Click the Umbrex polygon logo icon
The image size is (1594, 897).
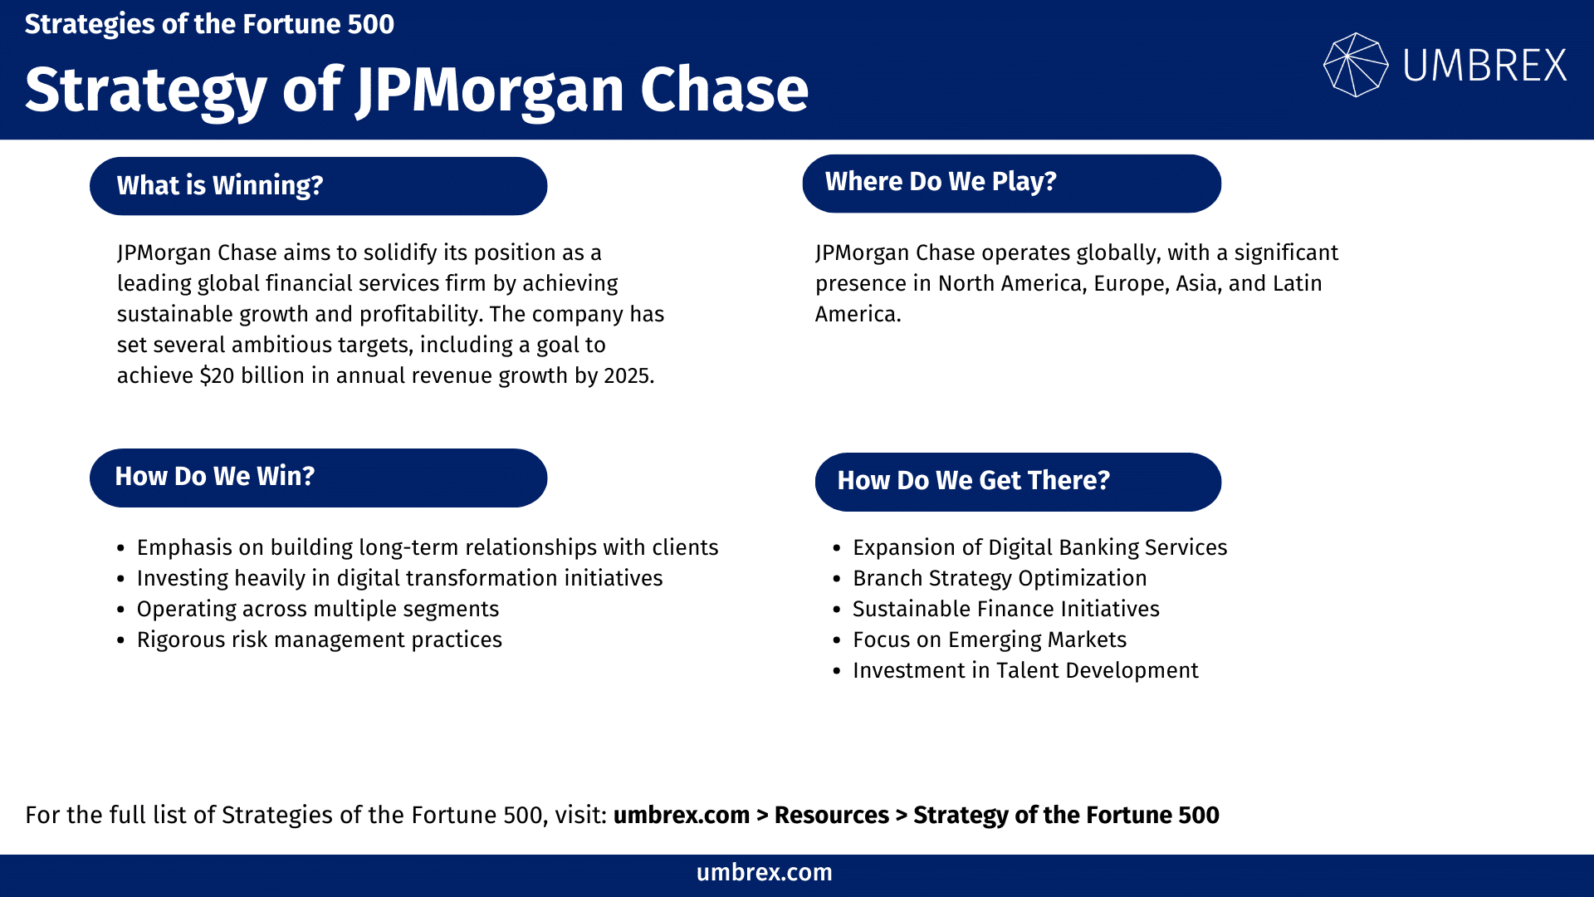click(1355, 65)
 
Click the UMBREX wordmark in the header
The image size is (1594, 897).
click(1484, 66)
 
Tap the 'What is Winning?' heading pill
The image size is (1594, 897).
click(318, 186)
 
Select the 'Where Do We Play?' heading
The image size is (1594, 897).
click(1011, 183)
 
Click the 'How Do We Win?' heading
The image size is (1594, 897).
click(318, 478)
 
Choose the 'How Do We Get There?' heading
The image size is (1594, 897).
click(1018, 482)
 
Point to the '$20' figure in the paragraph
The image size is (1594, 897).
click(217, 376)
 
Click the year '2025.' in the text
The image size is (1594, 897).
click(628, 376)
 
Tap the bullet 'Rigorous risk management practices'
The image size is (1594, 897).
click(319, 640)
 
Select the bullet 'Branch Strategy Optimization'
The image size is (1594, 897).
click(1000, 578)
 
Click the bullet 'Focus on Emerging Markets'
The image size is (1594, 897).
click(989, 640)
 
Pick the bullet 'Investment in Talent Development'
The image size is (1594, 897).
click(1025, 670)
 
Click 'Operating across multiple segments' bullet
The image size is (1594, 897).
click(317, 609)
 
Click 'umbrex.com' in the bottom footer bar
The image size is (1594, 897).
click(764, 873)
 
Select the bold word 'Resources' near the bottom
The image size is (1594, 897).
click(831, 816)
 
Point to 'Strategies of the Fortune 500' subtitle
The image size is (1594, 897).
click(209, 24)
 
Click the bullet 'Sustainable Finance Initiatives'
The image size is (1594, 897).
click(1005, 609)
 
